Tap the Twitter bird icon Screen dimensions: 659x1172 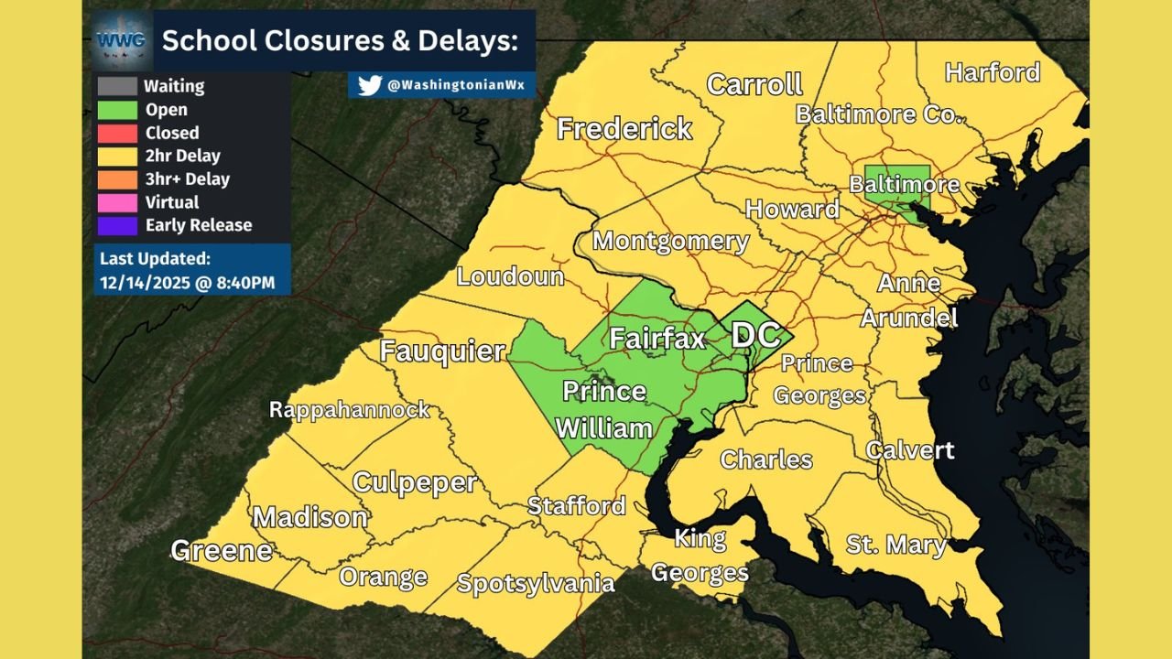[x=369, y=85]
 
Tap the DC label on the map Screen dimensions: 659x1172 [x=755, y=334]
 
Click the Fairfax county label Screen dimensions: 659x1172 [x=657, y=339]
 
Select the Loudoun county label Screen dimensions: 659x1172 [x=510, y=275]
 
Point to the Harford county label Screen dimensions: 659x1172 [x=993, y=72]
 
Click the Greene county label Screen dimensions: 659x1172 [x=222, y=550]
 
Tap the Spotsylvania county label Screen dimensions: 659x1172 [x=536, y=582]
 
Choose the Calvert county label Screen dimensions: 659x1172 [x=910, y=449]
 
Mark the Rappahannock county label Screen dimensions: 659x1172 [x=349, y=409]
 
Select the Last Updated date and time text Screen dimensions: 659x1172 [x=188, y=283]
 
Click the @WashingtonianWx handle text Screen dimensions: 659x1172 [x=455, y=85]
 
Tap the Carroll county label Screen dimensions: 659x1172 [x=754, y=85]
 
